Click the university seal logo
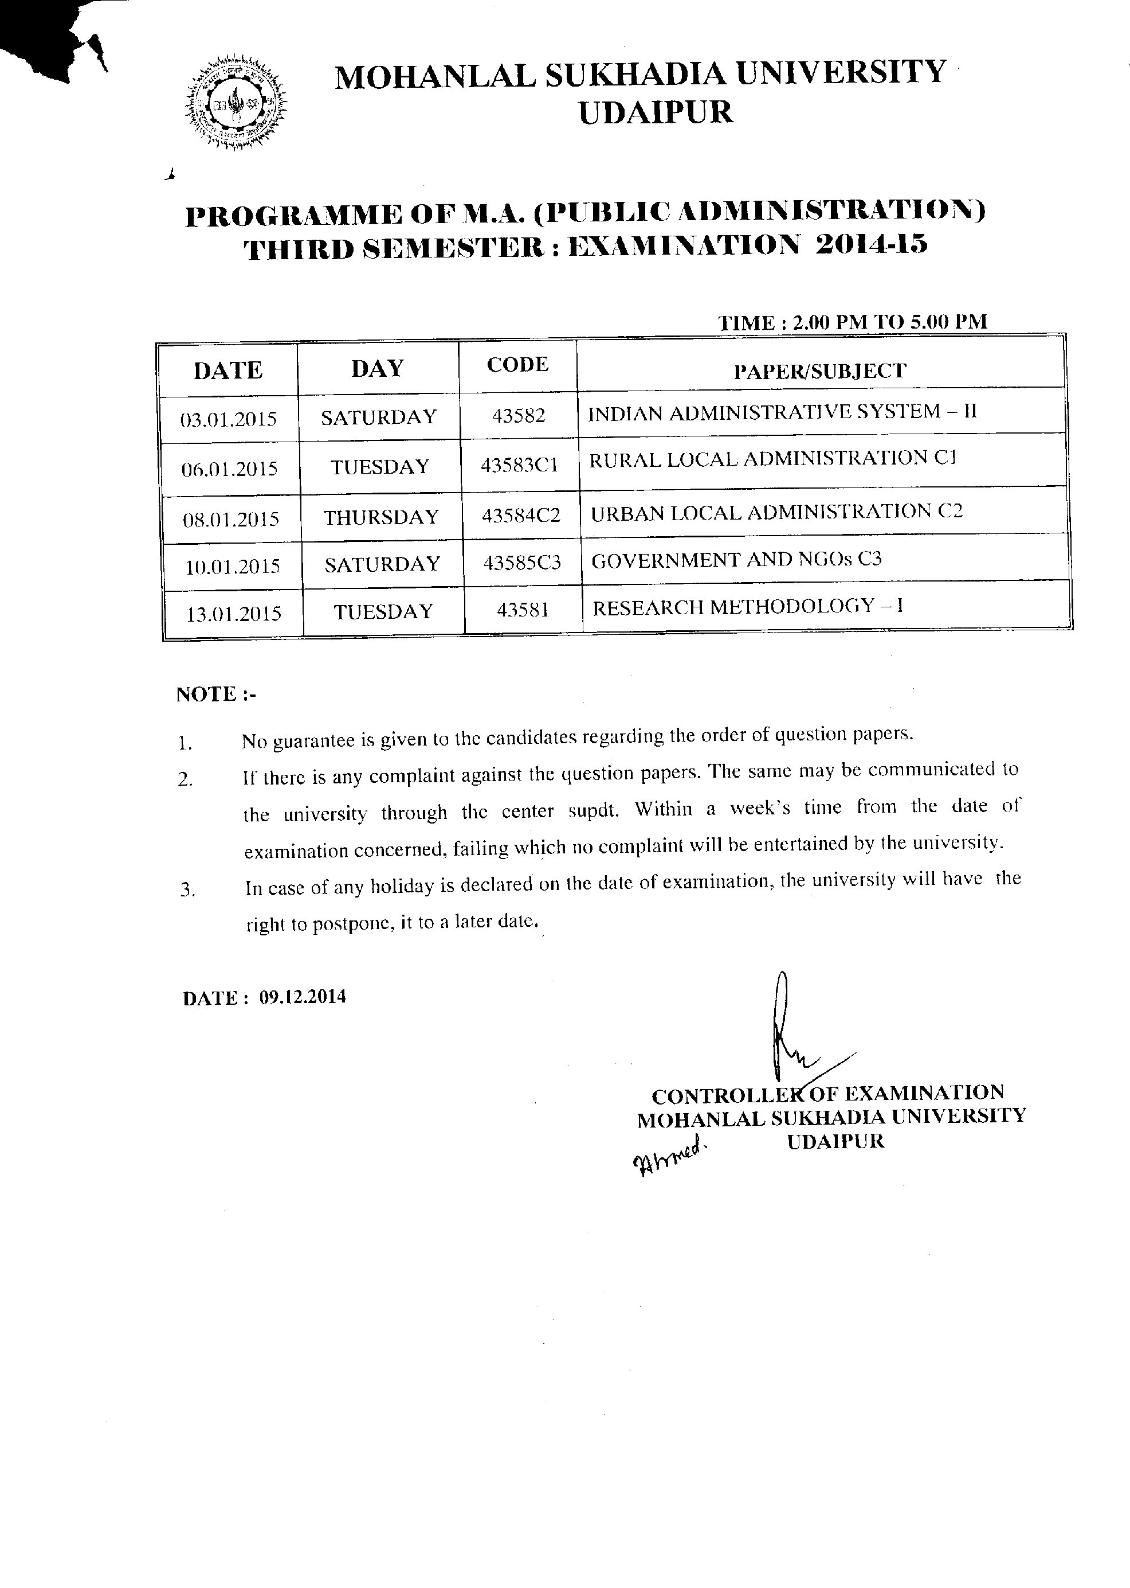(237, 102)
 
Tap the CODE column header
(517, 365)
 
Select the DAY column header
(377, 368)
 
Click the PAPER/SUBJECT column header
(819, 371)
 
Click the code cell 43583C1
(519, 465)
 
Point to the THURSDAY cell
(381, 517)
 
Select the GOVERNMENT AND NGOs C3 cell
(736, 560)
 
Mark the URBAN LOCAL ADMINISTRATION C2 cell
(776, 512)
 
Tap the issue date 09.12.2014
(303, 997)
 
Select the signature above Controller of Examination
(793, 1031)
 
